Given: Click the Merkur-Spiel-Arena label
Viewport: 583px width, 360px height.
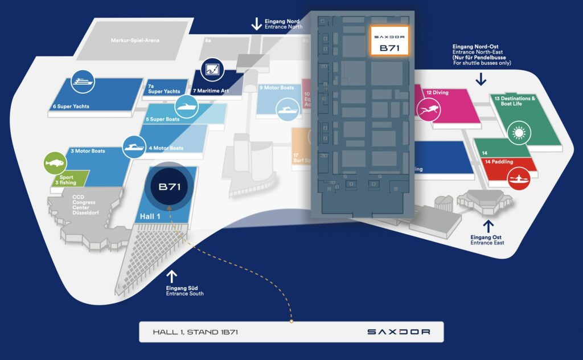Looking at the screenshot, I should (x=135, y=40).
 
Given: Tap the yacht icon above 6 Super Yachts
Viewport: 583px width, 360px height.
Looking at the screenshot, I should (x=82, y=83).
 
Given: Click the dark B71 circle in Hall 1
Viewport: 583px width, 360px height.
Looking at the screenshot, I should (x=170, y=187).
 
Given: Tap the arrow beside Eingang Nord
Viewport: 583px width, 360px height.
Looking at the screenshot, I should (x=257, y=23).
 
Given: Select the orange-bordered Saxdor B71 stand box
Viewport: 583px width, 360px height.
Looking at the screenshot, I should (x=389, y=40).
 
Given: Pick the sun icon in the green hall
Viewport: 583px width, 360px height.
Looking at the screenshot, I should (x=518, y=133).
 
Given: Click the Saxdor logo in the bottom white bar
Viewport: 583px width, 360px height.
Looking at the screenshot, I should (x=398, y=332).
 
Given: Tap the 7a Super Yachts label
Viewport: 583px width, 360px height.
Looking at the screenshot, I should (x=164, y=88).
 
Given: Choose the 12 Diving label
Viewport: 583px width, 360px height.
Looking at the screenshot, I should (x=437, y=92).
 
